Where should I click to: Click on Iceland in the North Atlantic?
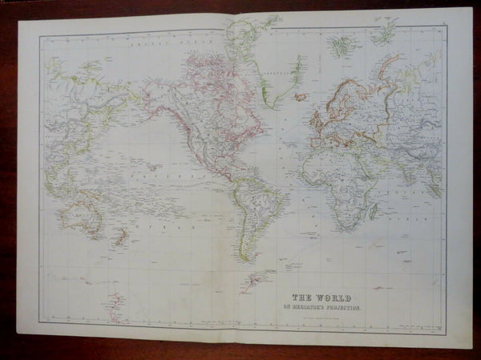pyautogui.click(x=301, y=97)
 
